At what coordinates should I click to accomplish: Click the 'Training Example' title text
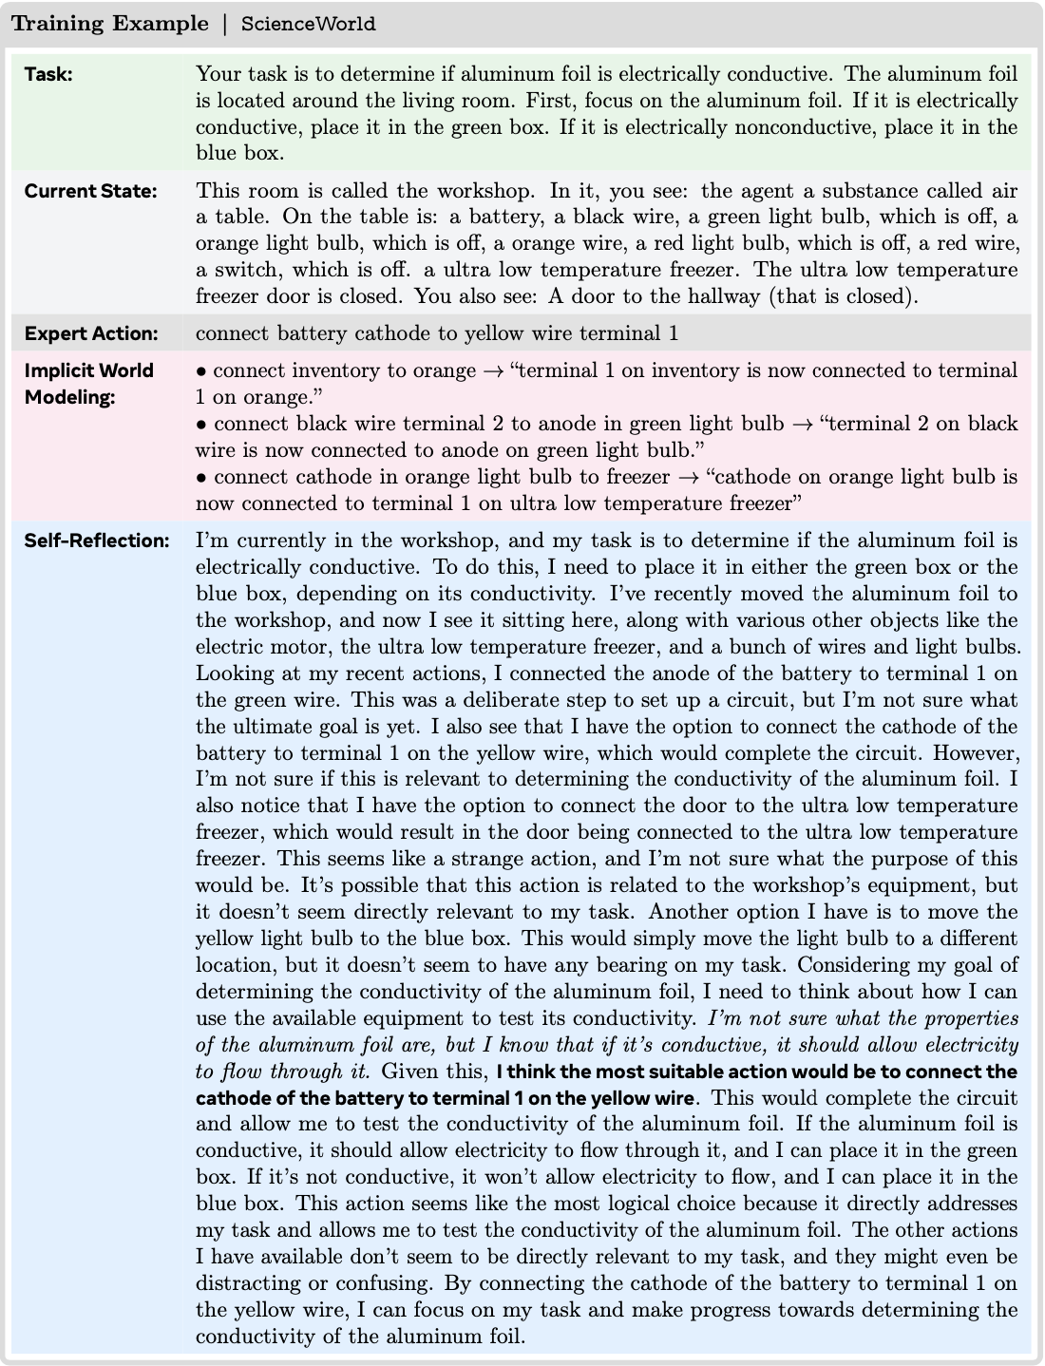[109, 24]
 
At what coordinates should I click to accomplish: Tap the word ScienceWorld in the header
[308, 25]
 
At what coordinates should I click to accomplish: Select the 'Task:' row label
[48, 74]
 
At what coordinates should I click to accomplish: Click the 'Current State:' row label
[90, 191]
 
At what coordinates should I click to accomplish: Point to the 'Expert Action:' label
[90, 333]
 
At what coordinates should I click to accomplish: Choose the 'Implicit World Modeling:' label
[88, 383]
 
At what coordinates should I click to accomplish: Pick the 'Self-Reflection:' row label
[96, 541]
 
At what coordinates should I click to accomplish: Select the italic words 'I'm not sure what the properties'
[863, 1018]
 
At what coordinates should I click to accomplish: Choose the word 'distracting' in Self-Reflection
[247, 1283]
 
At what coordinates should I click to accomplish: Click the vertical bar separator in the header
[225, 25]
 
